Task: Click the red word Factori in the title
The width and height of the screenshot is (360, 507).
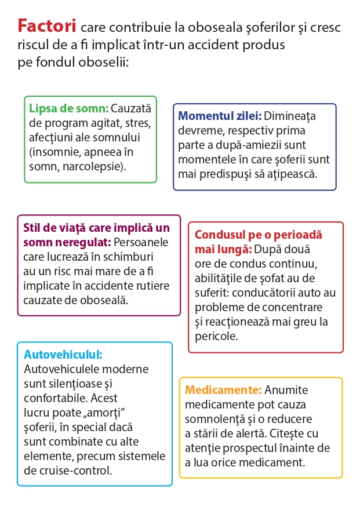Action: point(47,27)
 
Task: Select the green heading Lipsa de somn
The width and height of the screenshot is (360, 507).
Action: point(69,108)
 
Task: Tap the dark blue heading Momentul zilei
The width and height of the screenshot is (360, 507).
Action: point(220,116)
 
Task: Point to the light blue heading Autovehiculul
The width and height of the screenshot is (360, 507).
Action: point(63,355)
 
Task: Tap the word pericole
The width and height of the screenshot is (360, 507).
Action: point(216,336)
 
